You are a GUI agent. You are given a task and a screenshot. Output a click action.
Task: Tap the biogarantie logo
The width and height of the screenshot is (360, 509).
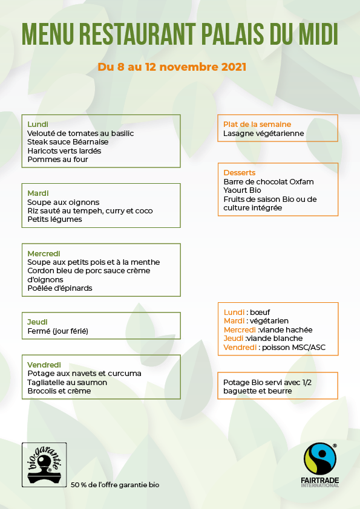pyautogui.click(x=44, y=464)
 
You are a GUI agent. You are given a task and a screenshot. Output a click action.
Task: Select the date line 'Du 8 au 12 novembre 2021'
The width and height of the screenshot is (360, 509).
pyautogui.click(x=172, y=66)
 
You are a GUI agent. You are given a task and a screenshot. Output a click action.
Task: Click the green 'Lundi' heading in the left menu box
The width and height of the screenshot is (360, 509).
pyautogui.click(x=38, y=124)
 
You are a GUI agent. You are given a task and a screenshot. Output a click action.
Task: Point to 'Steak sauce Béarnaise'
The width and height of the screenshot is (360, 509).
pyautogui.click(x=68, y=141)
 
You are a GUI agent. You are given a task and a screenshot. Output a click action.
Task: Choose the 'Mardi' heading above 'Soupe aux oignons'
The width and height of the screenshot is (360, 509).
pyautogui.click(x=38, y=193)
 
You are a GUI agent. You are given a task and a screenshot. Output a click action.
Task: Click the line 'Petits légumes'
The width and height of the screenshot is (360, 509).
pyautogui.click(x=54, y=219)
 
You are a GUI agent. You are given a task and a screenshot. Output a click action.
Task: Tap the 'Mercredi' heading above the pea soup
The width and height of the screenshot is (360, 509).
pyautogui.click(x=44, y=253)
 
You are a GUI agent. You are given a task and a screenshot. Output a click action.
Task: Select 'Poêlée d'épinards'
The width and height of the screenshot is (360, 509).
pyautogui.click(x=60, y=288)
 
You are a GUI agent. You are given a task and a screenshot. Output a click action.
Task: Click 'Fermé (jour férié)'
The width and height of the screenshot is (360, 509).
pyautogui.click(x=57, y=331)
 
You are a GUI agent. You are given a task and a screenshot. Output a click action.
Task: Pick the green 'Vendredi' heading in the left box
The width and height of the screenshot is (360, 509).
pyautogui.click(x=44, y=365)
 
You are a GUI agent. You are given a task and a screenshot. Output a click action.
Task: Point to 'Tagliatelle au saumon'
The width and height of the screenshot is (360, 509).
pyautogui.click(x=67, y=382)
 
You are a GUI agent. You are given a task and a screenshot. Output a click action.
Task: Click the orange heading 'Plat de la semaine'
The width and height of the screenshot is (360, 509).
pyautogui.click(x=257, y=124)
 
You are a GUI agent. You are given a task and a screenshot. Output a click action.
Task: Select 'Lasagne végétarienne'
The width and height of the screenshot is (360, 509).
pyautogui.click(x=264, y=133)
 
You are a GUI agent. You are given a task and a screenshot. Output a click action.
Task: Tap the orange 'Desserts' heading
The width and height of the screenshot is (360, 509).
pyautogui.click(x=240, y=172)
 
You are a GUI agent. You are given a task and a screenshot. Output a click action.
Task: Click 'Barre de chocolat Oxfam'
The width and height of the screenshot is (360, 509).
pyautogui.click(x=269, y=181)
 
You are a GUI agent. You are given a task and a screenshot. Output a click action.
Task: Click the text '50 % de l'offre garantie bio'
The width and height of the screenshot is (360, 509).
pyautogui.click(x=115, y=485)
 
